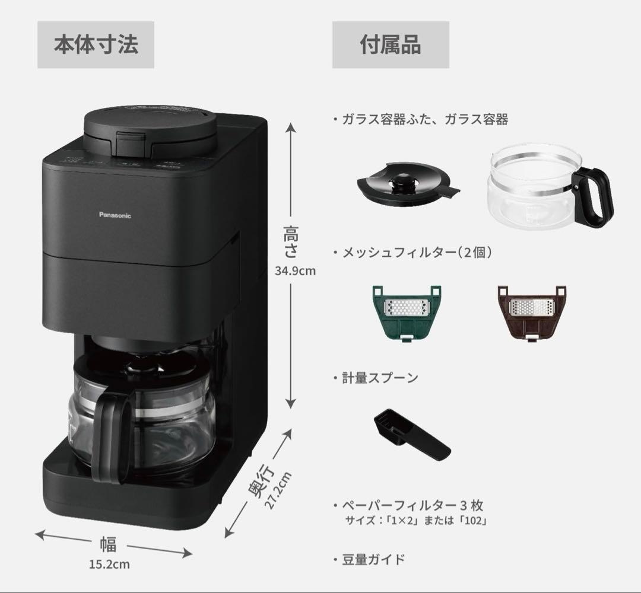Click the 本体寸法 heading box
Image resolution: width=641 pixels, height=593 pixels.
point(96,45)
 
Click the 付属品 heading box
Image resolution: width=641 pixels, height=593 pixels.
point(390,45)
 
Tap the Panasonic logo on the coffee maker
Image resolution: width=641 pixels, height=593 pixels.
point(115,216)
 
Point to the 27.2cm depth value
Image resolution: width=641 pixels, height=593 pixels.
point(278,490)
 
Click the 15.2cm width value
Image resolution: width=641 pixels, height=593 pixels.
point(109,564)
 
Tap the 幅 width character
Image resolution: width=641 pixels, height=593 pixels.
point(108,544)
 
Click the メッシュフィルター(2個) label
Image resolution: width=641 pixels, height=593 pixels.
point(417,252)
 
